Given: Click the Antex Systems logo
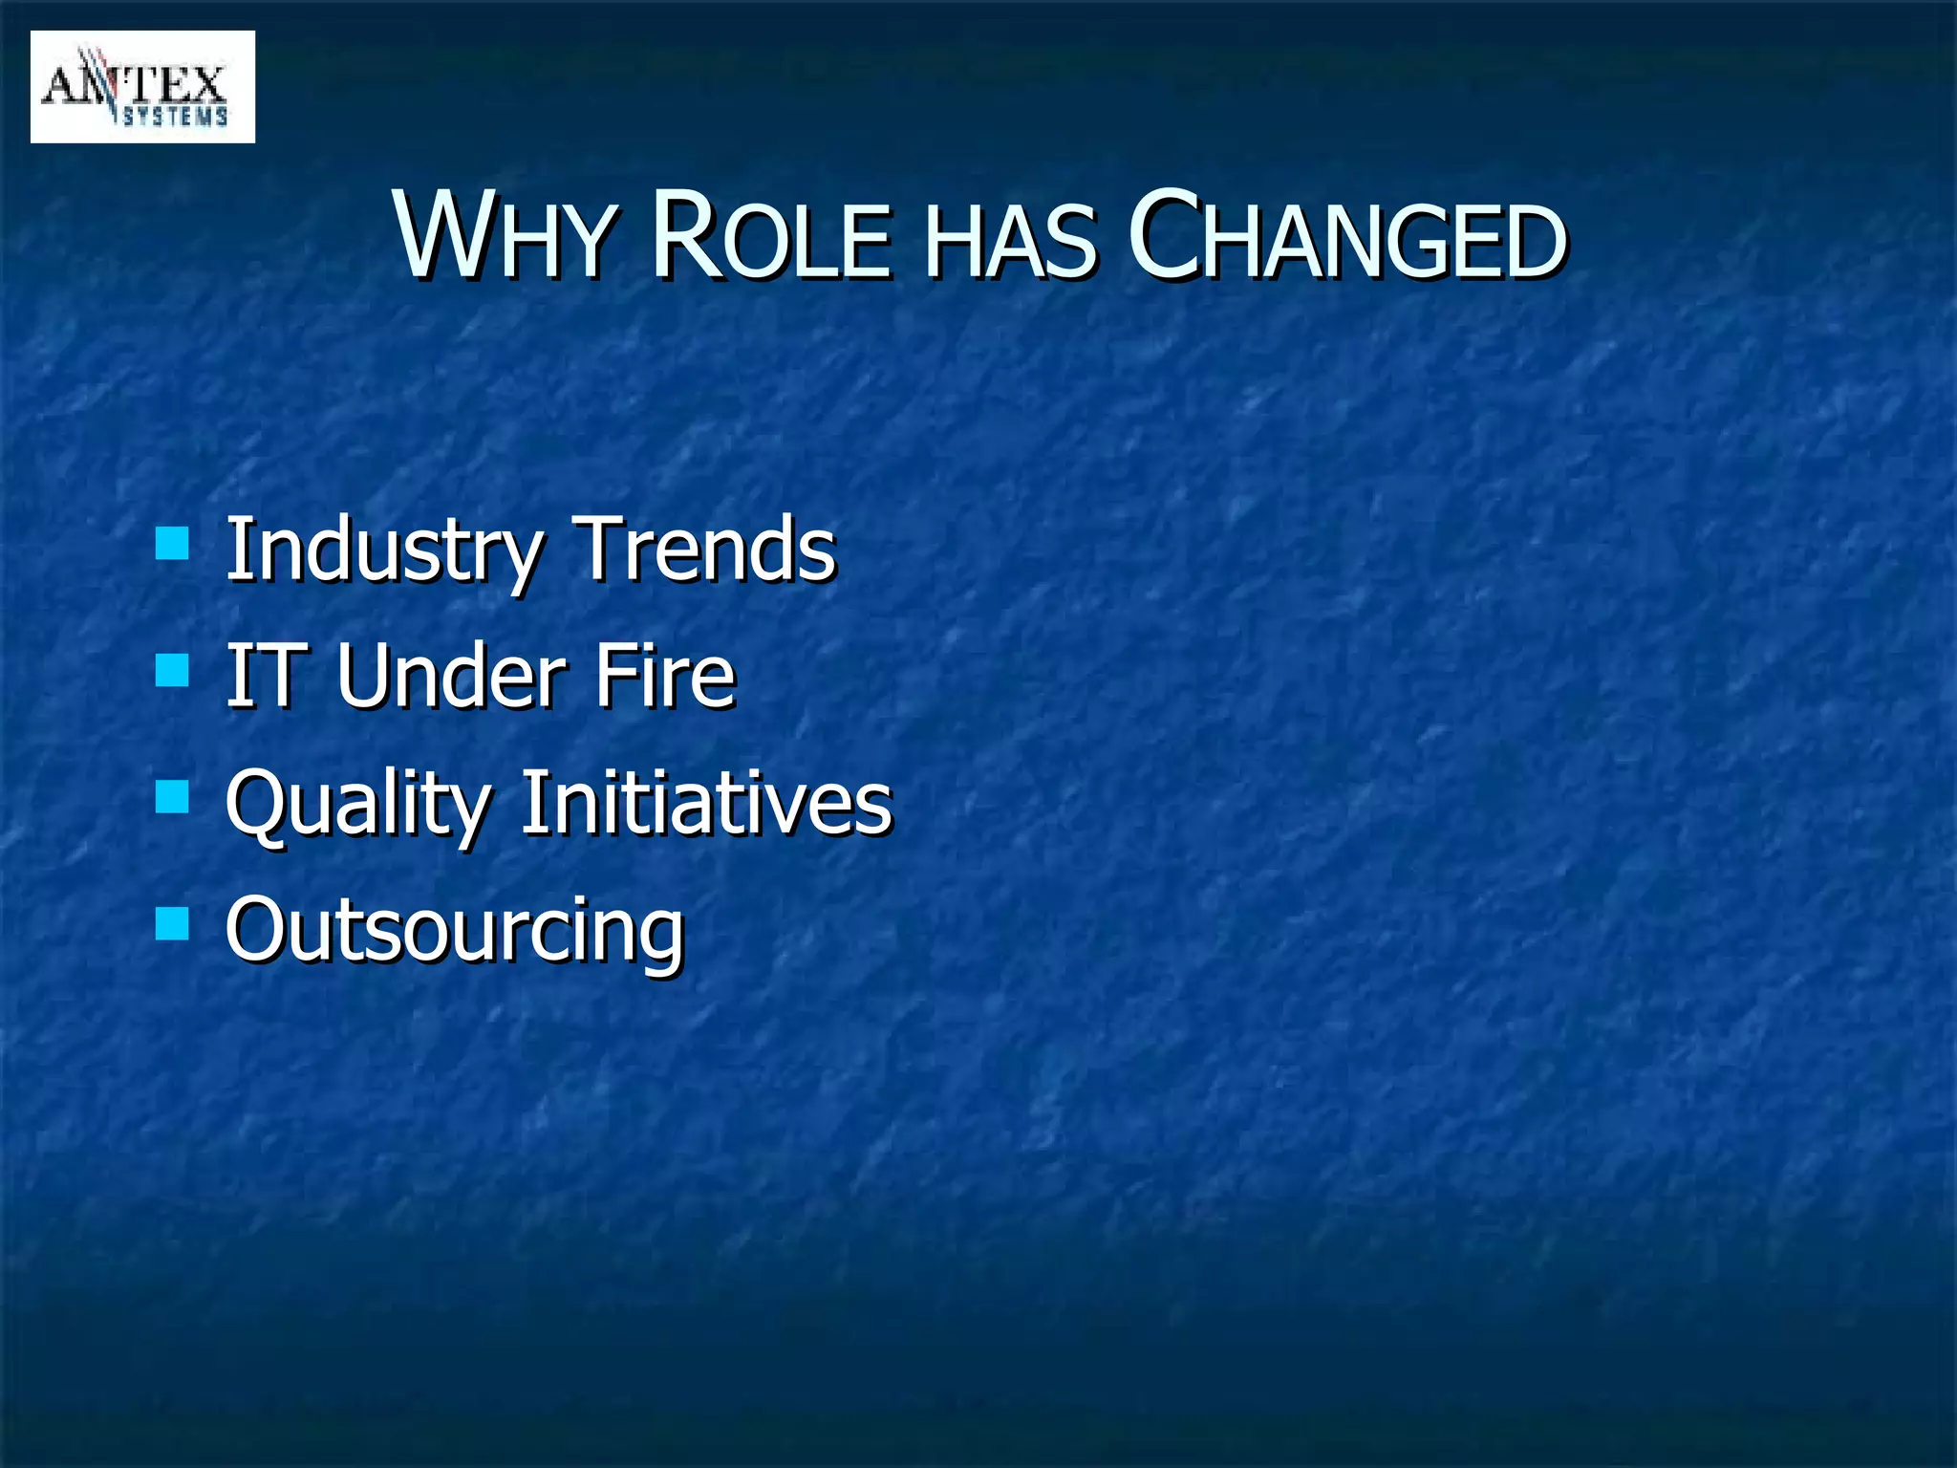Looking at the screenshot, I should pos(142,87).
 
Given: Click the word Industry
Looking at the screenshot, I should pos(383,550).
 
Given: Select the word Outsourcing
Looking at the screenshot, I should pos(455,930).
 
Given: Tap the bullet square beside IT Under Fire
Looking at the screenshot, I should pos(172,670).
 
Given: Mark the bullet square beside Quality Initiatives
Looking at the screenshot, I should pos(172,796).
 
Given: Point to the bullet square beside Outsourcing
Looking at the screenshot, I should pos(172,923).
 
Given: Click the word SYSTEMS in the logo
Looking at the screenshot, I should pos(176,117).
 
